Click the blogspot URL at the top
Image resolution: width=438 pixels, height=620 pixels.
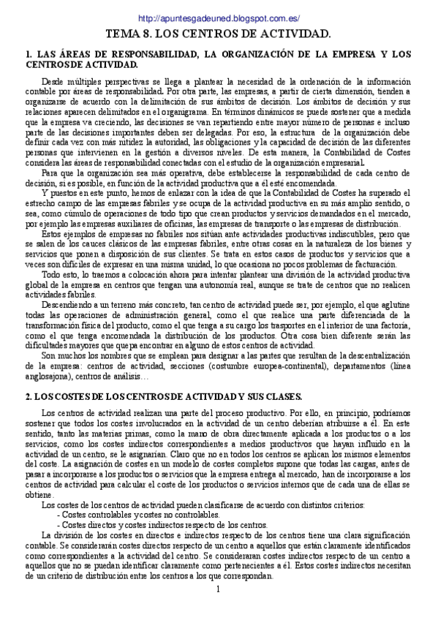coord(219,18)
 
